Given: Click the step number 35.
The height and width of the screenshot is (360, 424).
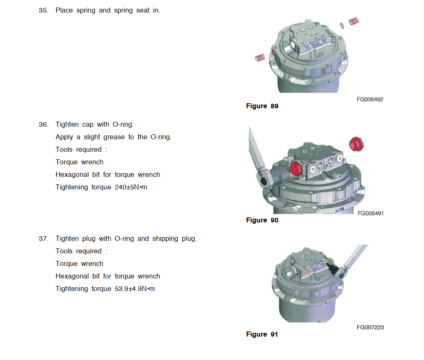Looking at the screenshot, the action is point(43,10).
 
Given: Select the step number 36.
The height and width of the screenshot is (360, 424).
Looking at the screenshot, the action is point(43,125).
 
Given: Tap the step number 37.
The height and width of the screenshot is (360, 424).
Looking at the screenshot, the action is point(43,239).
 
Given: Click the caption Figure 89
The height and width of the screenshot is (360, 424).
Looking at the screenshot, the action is point(262,106).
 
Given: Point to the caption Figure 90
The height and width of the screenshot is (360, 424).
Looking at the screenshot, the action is point(262,220).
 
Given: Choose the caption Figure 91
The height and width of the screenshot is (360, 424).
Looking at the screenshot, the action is point(262,334).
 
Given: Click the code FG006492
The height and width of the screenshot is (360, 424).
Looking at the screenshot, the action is point(370,100).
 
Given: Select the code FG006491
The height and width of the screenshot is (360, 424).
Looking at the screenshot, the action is point(371,213).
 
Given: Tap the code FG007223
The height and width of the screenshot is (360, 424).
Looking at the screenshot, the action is point(370,327).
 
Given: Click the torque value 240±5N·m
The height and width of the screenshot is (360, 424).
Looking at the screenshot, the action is point(131,187).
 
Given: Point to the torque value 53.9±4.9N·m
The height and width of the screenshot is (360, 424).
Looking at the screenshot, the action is point(135,289).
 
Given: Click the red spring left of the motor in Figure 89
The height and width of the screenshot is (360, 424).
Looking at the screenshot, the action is point(260,58).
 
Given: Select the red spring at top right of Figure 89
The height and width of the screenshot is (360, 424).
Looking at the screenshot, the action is point(354,21).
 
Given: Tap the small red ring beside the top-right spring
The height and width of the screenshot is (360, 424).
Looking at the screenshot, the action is point(342,26).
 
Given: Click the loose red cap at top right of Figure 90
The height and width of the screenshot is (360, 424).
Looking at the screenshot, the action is point(356,144).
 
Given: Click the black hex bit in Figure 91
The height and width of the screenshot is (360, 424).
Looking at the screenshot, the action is point(333,269).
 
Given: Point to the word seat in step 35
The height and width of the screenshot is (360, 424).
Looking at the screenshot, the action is point(143,10).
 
